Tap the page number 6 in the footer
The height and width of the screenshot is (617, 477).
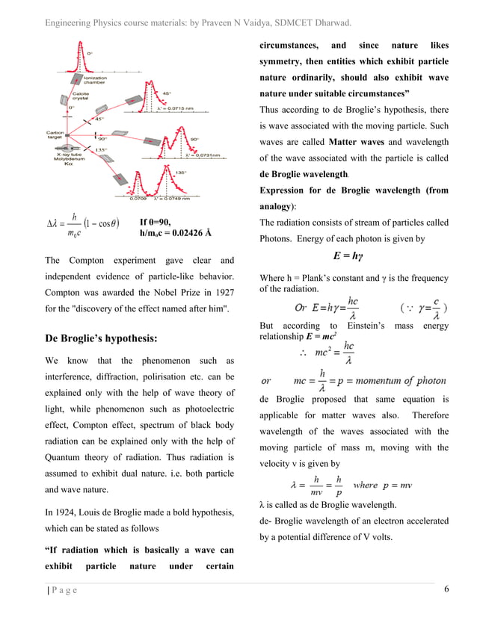(446, 590)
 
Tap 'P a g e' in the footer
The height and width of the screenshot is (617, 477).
(64, 591)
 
